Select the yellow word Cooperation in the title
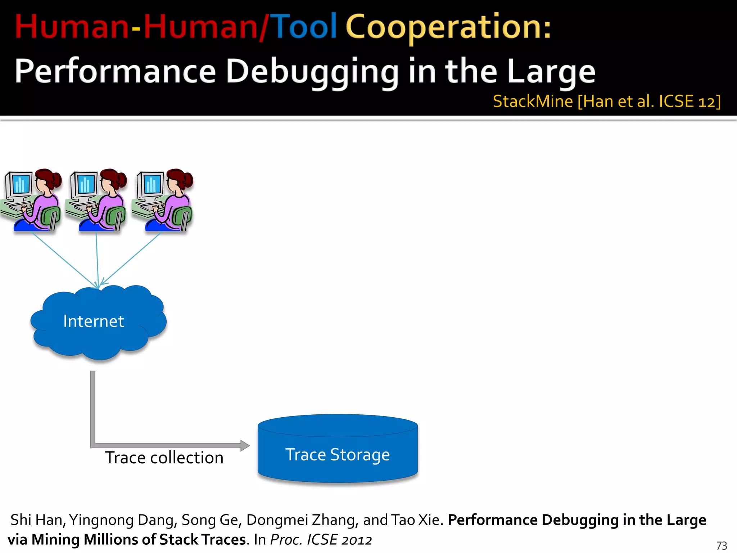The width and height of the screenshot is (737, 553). pyautogui.click(x=448, y=27)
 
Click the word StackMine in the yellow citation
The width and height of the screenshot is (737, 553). pyautogui.click(x=533, y=102)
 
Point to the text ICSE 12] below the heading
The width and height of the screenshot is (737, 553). pyautogui.click(x=689, y=102)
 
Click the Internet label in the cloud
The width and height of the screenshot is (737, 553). pyautogui.click(x=94, y=321)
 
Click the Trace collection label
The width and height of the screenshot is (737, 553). pyautogui.click(x=164, y=458)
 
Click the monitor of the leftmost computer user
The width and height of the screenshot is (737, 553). pyautogui.click(x=20, y=184)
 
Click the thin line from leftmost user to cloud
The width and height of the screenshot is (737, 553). pyautogui.click(x=65, y=260)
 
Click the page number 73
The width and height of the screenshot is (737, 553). pyautogui.click(x=721, y=545)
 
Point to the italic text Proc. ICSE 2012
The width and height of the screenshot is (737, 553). pyautogui.click(x=321, y=540)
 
